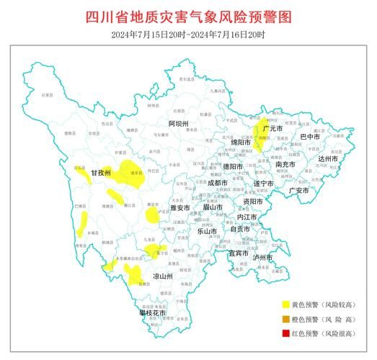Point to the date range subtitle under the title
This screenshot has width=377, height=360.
tap(188, 35)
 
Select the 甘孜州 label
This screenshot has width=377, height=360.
tap(101, 174)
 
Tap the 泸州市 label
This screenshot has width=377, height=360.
tap(262, 257)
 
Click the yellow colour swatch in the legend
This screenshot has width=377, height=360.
tap(286, 305)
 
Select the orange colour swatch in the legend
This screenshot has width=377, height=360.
tap(286, 319)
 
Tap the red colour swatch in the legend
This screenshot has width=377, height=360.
tap(286, 333)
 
